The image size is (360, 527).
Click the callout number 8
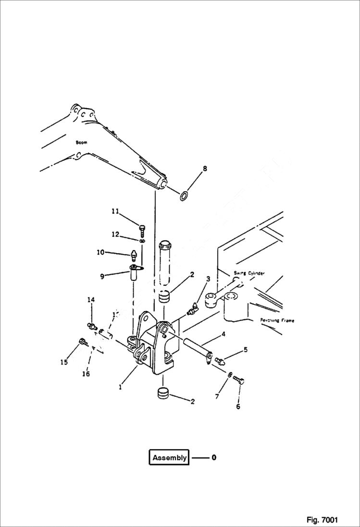[x=205, y=169]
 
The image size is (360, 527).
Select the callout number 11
[x=115, y=211]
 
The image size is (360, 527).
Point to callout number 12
[x=115, y=234]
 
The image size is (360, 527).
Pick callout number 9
[x=102, y=276]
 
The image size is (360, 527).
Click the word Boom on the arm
[x=81, y=143]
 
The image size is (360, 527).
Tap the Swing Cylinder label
[x=249, y=273]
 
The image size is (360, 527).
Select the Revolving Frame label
[x=277, y=320]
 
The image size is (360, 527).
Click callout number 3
[x=208, y=279]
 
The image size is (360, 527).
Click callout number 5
[x=245, y=350]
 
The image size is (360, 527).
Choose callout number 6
[x=238, y=406]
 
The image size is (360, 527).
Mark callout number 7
[x=216, y=396]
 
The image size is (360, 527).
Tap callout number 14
[x=91, y=300]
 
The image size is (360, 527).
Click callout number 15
[x=64, y=363]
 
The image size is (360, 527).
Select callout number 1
[x=120, y=386]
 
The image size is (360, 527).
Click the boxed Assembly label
[x=169, y=458]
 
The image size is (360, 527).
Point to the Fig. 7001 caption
[x=322, y=520]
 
